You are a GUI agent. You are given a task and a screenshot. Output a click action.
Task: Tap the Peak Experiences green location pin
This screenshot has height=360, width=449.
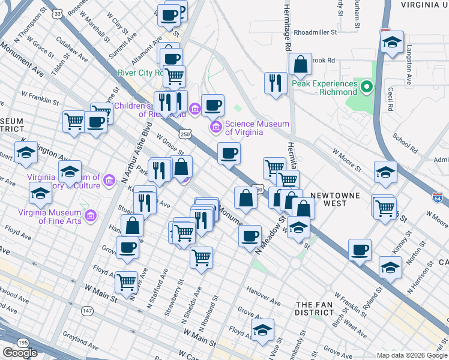coord(367,88)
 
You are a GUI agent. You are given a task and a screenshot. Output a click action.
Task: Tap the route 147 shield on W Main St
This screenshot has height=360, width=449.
coord(88,310)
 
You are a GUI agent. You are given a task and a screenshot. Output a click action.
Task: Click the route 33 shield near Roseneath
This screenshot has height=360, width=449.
coord(56,13)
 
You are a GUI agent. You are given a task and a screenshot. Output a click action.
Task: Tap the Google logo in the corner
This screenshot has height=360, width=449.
coord(20,353)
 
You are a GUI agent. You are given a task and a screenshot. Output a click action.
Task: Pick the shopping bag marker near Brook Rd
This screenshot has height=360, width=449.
coord(300,64)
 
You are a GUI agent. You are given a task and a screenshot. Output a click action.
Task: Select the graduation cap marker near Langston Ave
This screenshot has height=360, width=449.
coord(392,42)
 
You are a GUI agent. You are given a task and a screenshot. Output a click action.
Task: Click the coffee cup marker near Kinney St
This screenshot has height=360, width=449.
coord(360,250)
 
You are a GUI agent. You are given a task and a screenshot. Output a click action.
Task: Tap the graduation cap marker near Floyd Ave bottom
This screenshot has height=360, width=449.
coord(262,330)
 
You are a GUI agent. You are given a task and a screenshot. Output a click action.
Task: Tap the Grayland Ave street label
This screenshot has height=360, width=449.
coord(80,347)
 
